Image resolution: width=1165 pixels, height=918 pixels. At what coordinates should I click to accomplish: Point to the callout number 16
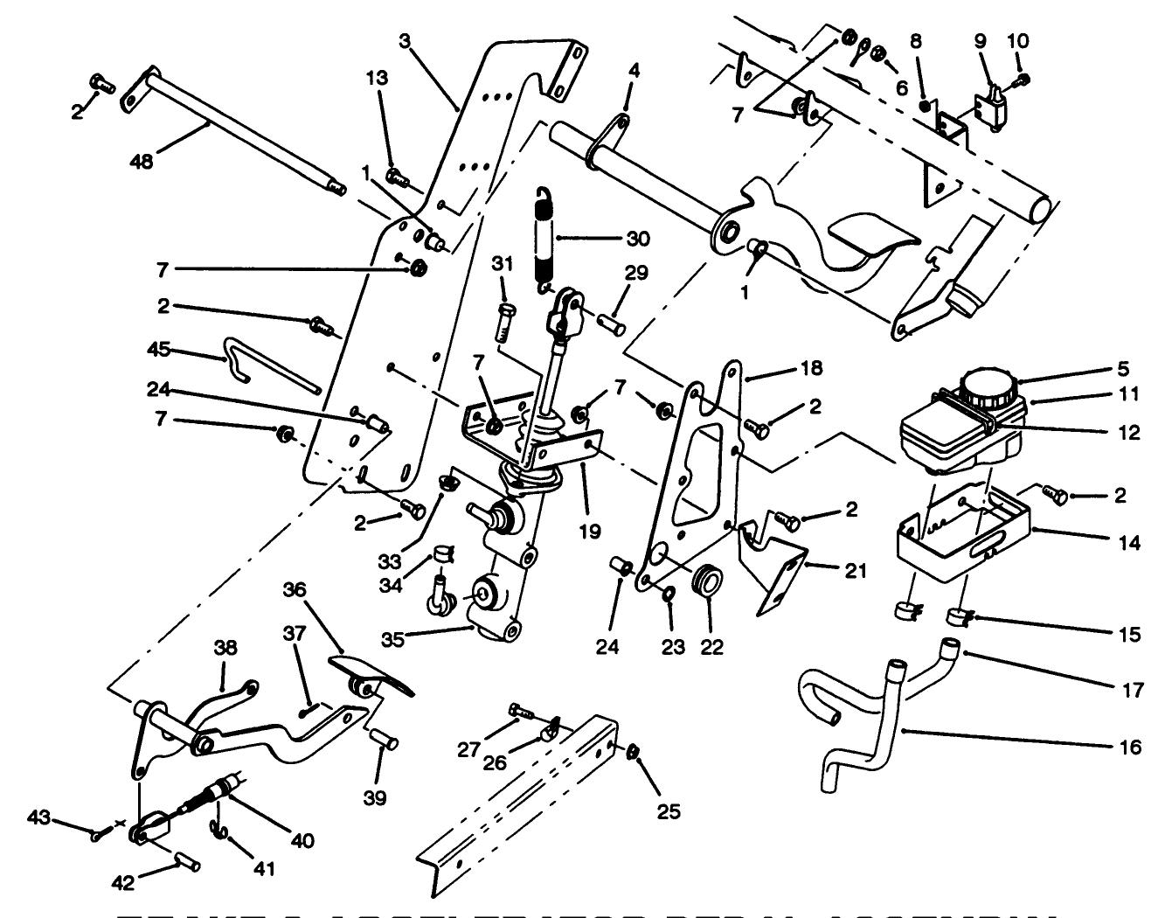pyautogui.click(x=1129, y=747)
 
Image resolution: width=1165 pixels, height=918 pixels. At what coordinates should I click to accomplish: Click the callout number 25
pyautogui.click(x=669, y=811)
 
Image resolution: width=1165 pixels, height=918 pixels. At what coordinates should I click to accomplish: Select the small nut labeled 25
pyautogui.click(x=634, y=752)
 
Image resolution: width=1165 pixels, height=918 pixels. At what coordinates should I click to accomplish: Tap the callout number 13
pyautogui.click(x=377, y=76)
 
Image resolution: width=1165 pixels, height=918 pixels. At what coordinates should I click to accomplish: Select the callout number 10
pyautogui.click(x=1018, y=40)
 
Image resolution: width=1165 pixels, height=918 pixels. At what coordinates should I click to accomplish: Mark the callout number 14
pyautogui.click(x=1129, y=542)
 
